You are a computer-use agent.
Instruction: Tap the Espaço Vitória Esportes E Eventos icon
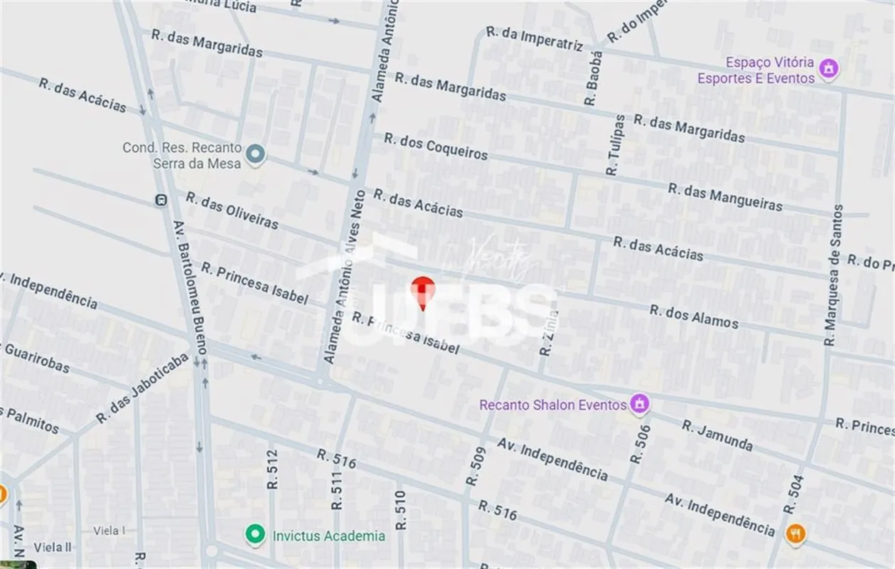(x=827, y=69)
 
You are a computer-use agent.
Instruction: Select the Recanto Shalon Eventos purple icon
(x=640, y=404)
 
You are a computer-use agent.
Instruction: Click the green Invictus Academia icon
(x=252, y=535)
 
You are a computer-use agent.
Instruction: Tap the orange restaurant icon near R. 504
(x=795, y=532)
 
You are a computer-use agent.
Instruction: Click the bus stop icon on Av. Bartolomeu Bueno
(x=161, y=201)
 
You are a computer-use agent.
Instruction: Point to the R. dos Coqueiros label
(x=436, y=146)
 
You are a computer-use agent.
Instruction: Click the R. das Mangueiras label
(x=724, y=197)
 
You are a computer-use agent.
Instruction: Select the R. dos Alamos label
(x=693, y=317)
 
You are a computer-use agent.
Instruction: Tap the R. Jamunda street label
(x=717, y=435)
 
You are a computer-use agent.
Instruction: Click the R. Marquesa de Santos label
(x=832, y=276)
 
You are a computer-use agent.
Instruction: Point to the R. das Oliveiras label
(x=232, y=210)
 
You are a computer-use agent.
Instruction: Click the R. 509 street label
(x=475, y=467)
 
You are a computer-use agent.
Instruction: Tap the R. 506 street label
(x=640, y=440)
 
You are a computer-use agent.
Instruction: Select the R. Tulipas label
(x=615, y=146)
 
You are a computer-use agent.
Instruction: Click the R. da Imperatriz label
(x=534, y=38)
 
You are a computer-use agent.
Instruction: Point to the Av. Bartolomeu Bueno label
(x=189, y=287)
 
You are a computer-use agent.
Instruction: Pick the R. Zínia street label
(x=548, y=332)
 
